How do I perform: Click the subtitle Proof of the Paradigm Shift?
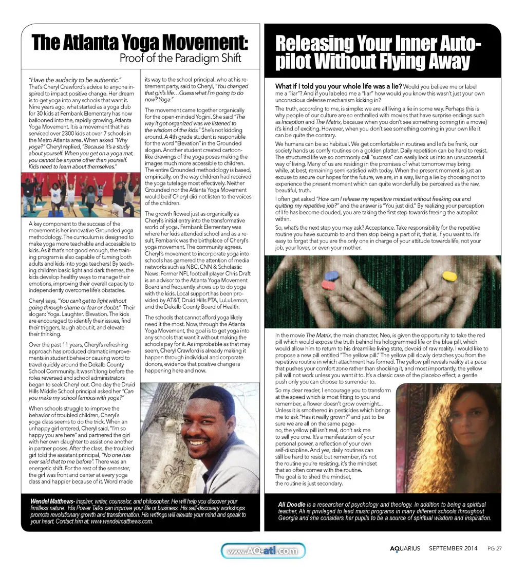pyautogui.click(x=180, y=58)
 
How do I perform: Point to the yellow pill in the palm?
pyautogui.click(x=449, y=276)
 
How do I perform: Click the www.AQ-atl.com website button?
pyautogui.click(x=263, y=551)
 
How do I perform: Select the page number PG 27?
pyautogui.click(x=494, y=548)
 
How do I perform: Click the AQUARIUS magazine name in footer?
pyautogui.click(x=405, y=548)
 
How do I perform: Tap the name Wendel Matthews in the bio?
pyautogui.click(x=52, y=501)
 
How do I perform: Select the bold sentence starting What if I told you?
pyautogui.click(x=339, y=86)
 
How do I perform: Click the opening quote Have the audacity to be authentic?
pyautogui.click(x=75, y=80)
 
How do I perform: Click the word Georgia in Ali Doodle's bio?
pyautogui.click(x=290, y=518)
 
